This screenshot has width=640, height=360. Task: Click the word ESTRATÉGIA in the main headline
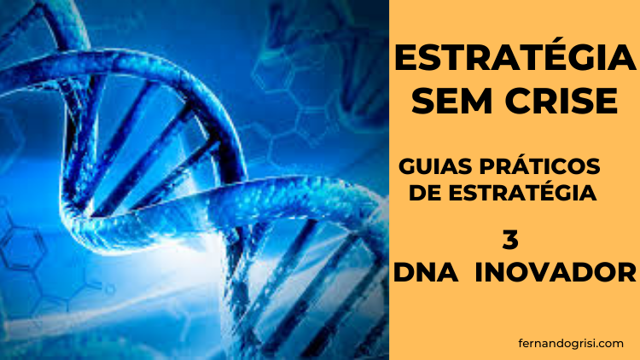[515, 58]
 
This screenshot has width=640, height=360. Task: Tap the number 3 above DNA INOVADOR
[510, 240]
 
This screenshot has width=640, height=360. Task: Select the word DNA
[426, 272]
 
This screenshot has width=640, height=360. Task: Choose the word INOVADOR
[556, 272]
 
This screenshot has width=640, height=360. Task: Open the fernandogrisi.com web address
[571, 344]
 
